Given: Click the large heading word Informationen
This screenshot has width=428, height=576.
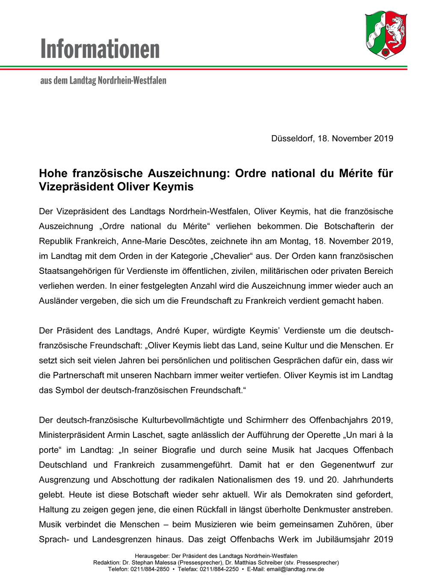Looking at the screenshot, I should click(100, 49).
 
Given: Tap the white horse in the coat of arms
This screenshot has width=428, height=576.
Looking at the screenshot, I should click(395, 31).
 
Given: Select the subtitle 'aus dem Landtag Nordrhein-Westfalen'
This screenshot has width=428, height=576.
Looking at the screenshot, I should click(103, 80).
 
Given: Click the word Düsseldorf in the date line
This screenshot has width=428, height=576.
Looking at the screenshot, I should click(292, 138).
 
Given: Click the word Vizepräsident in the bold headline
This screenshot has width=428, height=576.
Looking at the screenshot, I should click(76, 187).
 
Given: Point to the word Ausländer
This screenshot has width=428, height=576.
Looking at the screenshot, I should click(57, 301).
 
